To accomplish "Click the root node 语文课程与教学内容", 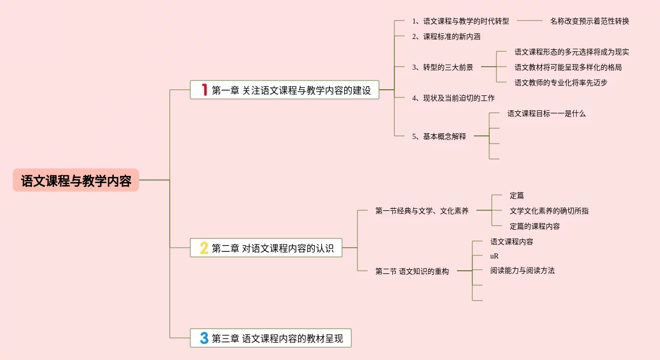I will pos(76,181).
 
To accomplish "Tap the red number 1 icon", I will pos(204,90).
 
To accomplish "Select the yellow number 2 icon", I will pos(204,248).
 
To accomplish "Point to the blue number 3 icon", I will pos(204,338).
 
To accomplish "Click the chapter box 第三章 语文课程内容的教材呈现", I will pos(271,338).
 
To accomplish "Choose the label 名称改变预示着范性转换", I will pos(589,21).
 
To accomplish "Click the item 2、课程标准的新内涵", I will pos(446,36).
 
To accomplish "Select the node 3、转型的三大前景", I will pos(443,67).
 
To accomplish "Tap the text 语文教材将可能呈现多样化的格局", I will pos(568,67).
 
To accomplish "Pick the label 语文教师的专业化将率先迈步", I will pos(561,83).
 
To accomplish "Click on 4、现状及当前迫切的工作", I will pos(453,98).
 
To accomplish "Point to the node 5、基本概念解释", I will pos(439,136).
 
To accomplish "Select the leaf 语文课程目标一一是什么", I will pos(546,113).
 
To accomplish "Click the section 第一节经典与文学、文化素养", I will pos(422,211).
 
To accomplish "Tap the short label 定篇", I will pos(516,195).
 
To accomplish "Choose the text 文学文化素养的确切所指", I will pos(549,211).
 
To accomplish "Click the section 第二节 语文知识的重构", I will pos(412,271).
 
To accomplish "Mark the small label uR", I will pos(494,256).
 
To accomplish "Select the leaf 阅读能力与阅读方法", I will pos(522,270).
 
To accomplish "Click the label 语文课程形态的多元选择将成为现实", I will pos(572,52).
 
